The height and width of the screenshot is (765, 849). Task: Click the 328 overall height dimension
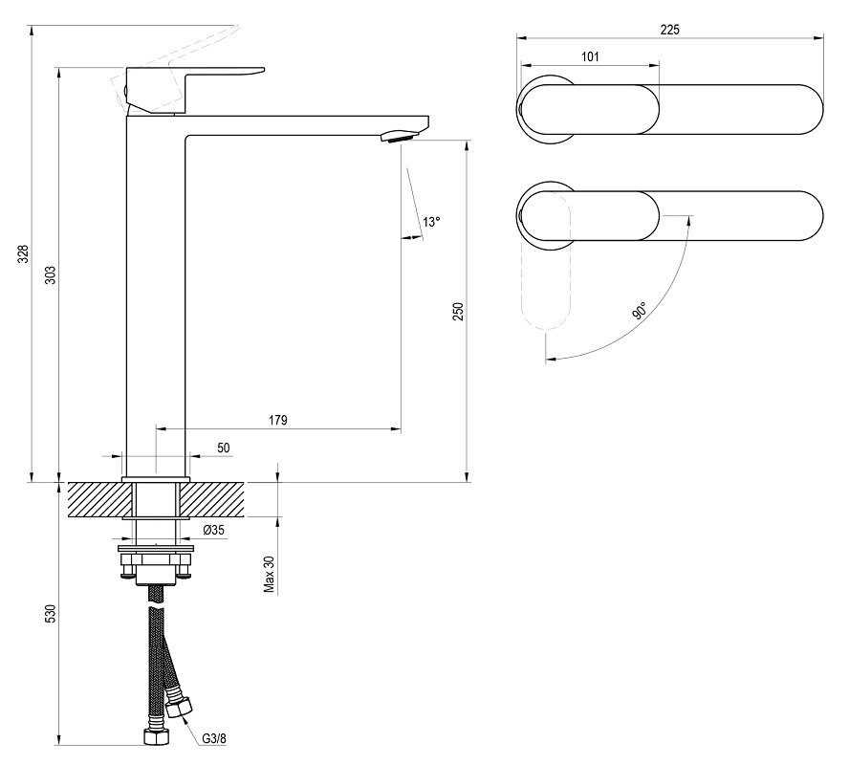tap(24, 253)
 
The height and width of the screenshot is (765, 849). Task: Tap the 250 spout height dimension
tap(458, 312)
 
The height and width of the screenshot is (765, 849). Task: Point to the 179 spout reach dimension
tap(278, 420)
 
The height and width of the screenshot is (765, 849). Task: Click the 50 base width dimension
tap(223, 448)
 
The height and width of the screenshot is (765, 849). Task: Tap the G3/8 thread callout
tap(215, 736)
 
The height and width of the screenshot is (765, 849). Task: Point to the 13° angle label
tap(431, 222)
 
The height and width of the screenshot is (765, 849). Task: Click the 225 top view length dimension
tap(669, 30)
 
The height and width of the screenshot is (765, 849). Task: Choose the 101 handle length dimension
tap(590, 56)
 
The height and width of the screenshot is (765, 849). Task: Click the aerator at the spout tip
tap(399, 137)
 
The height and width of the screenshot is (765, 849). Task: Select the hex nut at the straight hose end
tap(153, 737)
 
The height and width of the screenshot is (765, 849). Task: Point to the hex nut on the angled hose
tap(179, 707)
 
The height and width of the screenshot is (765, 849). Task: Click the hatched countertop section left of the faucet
tap(96, 500)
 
